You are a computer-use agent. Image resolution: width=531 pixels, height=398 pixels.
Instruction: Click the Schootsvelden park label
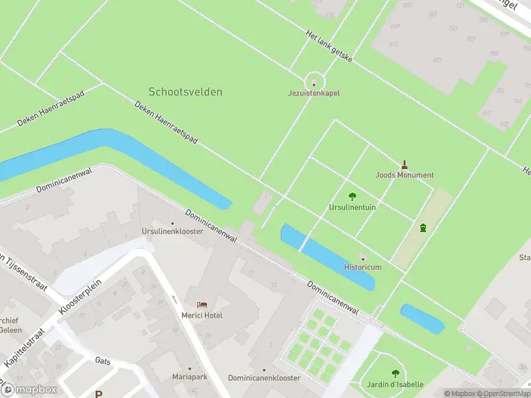[x=185, y=92]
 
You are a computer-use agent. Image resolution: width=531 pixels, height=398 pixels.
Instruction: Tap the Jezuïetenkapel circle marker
[x=314, y=84]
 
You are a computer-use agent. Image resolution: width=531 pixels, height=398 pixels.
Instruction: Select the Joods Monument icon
[x=404, y=164]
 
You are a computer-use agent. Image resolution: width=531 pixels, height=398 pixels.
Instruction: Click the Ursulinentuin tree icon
[x=352, y=196]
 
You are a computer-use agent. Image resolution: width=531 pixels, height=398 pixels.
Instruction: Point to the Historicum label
[x=362, y=267]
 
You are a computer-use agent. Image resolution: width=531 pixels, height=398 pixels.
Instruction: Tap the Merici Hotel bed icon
[x=202, y=305]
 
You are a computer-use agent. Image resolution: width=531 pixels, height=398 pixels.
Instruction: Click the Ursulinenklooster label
[x=172, y=232]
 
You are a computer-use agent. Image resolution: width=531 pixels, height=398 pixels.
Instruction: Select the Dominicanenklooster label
[x=264, y=377]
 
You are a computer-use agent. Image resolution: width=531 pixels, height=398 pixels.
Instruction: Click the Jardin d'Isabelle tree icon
[x=396, y=374]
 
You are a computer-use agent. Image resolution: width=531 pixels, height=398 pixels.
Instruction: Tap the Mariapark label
[x=189, y=377]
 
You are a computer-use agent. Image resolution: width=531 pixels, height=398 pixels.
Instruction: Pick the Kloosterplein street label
[x=75, y=295]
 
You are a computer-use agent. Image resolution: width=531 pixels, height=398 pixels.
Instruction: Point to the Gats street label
[x=102, y=361]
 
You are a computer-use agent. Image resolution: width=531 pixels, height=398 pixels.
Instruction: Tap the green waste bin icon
[x=423, y=228]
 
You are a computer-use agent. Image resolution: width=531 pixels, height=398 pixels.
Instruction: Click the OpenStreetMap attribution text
[x=504, y=393]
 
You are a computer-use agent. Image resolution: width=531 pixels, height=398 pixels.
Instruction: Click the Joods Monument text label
[x=404, y=175]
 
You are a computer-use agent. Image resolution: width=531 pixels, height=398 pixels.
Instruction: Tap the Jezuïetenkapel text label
[x=314, y=94]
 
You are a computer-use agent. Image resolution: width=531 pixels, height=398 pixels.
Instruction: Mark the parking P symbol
[x=98, y=394]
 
